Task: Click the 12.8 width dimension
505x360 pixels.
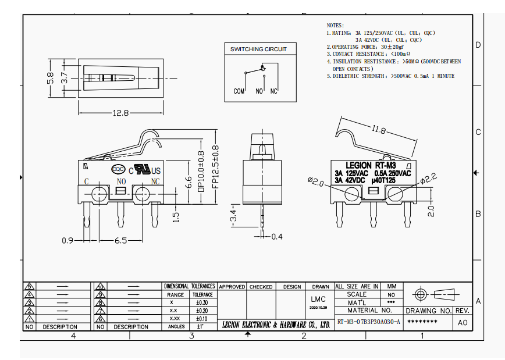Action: pyautogui.click(x=121, y=113)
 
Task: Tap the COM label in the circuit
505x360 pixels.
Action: pyautogui.click(x=239, y=91)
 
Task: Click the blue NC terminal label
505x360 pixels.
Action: pyautogui.click(x=155, y=181)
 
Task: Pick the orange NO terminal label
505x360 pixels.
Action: pyautogui.click(x=121, y=181)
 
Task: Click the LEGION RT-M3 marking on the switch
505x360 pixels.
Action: pyautogui.click(x=371, y=165)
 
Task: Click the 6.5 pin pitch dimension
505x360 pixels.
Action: pyautogui.click(x=121, y=240)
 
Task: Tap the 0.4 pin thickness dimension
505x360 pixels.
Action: pyautogui.click(x=276, y=237)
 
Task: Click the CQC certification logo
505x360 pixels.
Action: pyautogui.click(x=118, y=169)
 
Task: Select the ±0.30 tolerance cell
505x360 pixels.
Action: pyautogui.click(x=202, y=303)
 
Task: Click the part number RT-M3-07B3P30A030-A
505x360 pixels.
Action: pyautogui.click(x=368, y=322)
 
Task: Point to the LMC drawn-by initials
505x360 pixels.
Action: pyautogui.click(x=318, y=299)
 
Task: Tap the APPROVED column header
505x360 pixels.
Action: pyautogui.click(x=232, y=287)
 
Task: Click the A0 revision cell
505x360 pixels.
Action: pyautogui.click(x=463, y=322)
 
